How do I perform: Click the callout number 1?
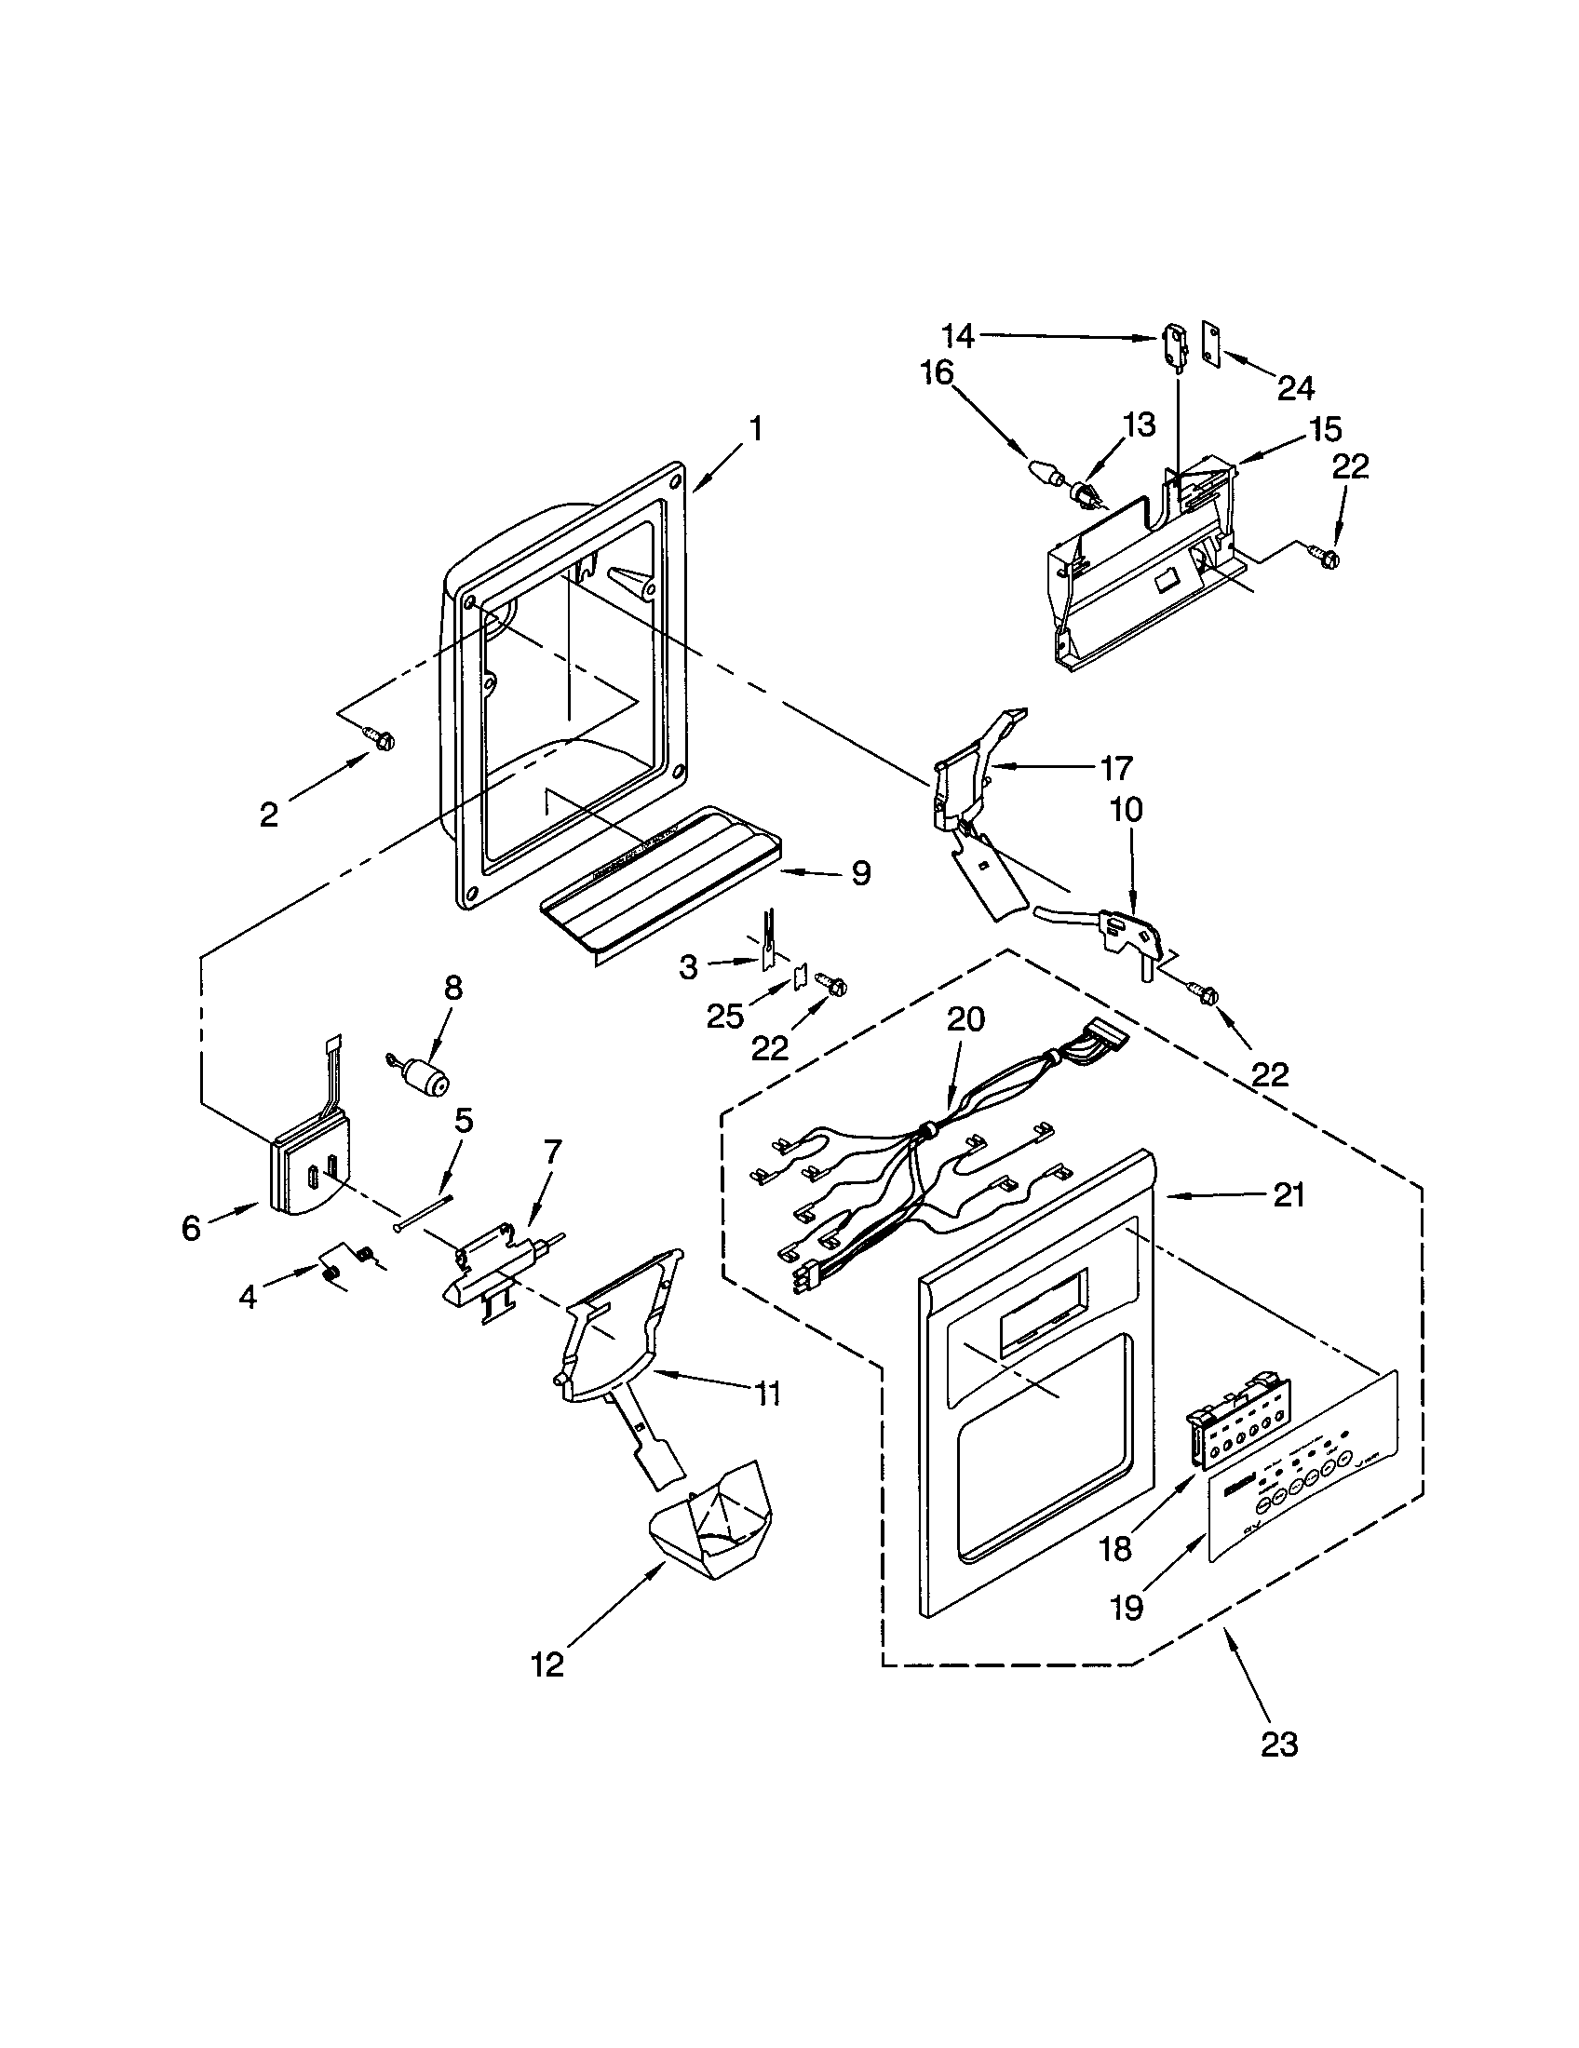tap(755, 429)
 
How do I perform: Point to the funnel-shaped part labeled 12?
tap(709, 1535)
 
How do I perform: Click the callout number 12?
tap(547, 1664)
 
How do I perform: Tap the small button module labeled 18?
tap(1226, 1432)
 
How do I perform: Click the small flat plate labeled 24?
tap(1213, 345)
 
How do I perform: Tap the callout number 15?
tap(1326, 429)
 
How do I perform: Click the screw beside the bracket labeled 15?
tap(1329, 557)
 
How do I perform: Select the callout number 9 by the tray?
tap(860, 873)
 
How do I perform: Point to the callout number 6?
tap(191, 1228)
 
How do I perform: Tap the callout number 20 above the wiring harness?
tap(965, 1019)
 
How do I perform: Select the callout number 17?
tap(1115, 768)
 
